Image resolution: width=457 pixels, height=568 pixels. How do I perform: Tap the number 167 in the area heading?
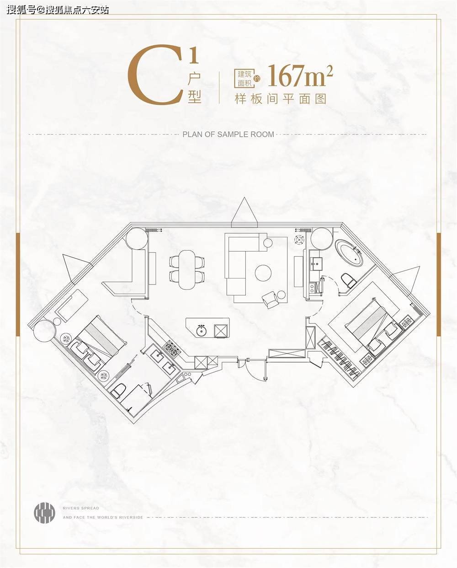(x=287, y=76)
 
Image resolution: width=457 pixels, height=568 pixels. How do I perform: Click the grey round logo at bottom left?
(x=44, y=513)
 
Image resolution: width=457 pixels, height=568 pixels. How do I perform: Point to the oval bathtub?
(x=349, y=252)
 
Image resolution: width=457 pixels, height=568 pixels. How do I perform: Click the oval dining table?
(x=187, y=269)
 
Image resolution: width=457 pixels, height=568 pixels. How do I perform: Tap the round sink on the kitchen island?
(x=202, y=331)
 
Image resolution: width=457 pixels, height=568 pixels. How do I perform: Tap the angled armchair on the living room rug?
(x=270, y=299)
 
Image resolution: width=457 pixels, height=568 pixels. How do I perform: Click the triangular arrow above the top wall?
(x=244, y=213)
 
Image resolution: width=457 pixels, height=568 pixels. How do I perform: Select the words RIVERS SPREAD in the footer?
(x=81, y=508)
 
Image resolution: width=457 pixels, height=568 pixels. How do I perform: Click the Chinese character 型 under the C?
(x=195, y=96)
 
